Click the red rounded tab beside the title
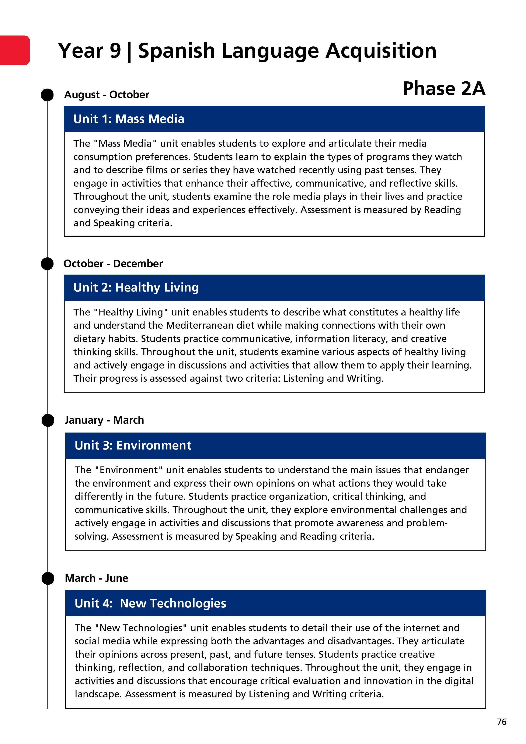pyautogui.click(x=15, y=50)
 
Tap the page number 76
pyautogui.click(x=501, y=722)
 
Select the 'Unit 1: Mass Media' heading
pyautogui.click(x=129, y=119)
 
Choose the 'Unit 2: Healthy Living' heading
pyautogui.click(x=136, y=288)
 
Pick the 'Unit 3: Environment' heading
pyautogui.click(x=133, y=445)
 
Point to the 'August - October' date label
pyautogui.click(x=107, y=95)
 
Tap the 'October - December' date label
pyautogui.click(x=113, y=264)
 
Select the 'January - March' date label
pyautogui.click(x=104, y=420)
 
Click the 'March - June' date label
pyautogui.click(x=96, y=578)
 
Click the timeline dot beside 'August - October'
pyautogui.click(x=47, y=95)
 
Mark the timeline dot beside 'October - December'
pyautogui.click(x=47, y=264)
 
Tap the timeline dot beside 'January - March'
pyautogui.click(x=48, y=420)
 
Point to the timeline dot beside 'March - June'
pyautogui.click(x=48, y=578)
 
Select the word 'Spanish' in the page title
pyautogui.click(x=176, y=51)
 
